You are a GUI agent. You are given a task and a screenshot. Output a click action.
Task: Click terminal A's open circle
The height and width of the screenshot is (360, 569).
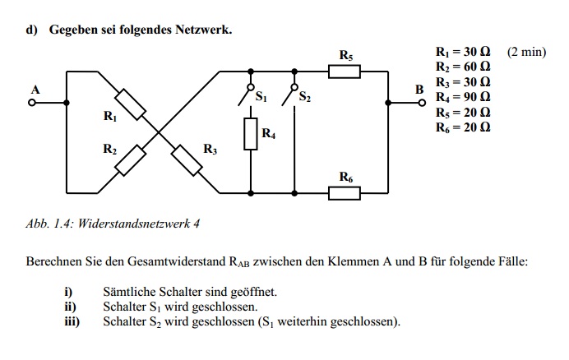(32, 103)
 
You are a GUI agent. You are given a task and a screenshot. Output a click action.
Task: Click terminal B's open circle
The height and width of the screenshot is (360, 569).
(422, 103)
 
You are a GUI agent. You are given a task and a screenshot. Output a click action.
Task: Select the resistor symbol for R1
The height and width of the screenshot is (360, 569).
(130, 104)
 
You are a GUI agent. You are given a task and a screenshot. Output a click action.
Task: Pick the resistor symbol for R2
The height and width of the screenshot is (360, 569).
(130, 160)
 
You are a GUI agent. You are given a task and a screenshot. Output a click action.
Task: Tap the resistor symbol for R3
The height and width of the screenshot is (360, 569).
(187, 160)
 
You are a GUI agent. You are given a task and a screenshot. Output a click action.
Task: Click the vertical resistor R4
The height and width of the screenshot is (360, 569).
(251, 133)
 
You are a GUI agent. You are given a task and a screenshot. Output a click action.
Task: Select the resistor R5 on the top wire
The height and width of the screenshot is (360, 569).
(345, 72)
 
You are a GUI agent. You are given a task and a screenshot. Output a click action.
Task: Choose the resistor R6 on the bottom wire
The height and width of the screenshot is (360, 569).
(345, 193)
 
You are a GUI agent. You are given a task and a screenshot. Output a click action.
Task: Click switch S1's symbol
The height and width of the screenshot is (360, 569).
(245, 95)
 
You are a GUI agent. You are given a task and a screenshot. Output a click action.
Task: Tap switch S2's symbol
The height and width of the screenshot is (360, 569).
(289, 95)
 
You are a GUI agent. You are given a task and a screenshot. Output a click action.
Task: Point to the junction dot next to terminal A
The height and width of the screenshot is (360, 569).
(67, 103)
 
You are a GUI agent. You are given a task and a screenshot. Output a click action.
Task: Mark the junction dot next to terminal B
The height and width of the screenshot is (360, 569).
(388, 103)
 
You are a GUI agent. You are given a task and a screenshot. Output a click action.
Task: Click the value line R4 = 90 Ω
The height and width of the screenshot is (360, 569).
(463, 97)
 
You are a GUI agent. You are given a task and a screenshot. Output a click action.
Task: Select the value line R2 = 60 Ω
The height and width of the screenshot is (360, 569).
(463, 67)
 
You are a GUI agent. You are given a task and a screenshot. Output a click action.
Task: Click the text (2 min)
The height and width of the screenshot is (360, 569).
(526, 52)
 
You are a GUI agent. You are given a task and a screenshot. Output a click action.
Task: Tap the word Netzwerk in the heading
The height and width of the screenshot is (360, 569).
(204, 30)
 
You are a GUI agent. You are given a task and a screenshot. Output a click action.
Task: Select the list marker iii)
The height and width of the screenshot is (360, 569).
(72, 321)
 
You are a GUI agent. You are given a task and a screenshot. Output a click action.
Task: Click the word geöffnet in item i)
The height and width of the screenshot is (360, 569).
(253, 292)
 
